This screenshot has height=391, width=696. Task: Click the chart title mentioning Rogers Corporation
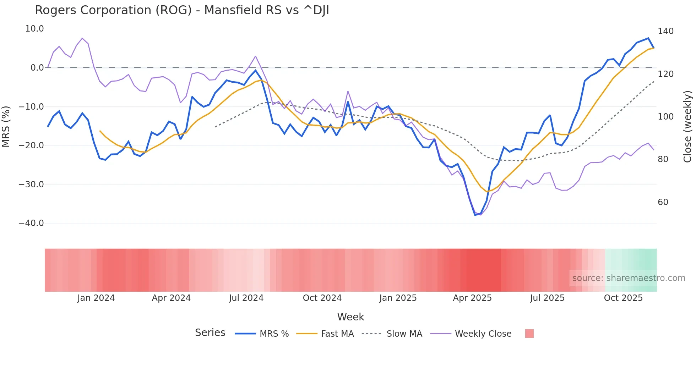tap(182, 10)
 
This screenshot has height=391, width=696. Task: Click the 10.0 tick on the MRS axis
tap(34, 29)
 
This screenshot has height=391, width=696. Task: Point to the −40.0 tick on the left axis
tap(31, 223)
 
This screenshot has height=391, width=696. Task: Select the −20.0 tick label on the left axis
tap(31, 145)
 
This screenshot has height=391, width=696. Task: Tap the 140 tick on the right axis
tap(665, 31)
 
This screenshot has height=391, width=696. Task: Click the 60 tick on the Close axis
tap(663, 202)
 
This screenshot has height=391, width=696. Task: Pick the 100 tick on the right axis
tap(665, 117)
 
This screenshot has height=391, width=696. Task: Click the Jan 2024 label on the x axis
tap(96, 298)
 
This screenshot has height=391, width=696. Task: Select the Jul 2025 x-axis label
tap(547, 298)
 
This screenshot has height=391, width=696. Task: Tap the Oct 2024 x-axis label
tap(322, 298)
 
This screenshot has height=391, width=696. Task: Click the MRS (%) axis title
tap(6, 126)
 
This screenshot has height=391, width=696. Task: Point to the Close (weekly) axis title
tap(687, 127)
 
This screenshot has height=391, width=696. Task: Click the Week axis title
tap(350, 317)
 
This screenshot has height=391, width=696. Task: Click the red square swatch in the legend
tap(529, 334)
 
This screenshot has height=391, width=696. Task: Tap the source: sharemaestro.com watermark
tap(629, 278)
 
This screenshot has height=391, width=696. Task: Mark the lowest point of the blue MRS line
tap(475, 215)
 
